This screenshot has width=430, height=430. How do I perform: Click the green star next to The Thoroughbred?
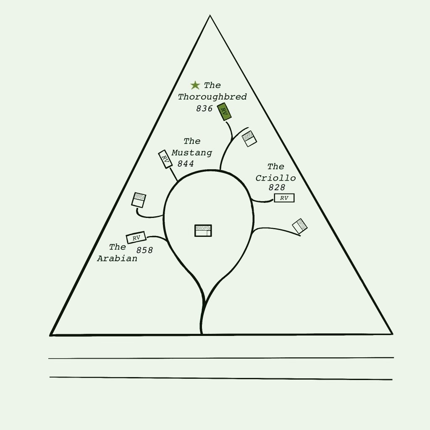coord(195,85)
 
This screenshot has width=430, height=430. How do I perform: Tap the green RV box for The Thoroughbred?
coord(224,112)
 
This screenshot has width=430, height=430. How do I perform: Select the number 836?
coord(204,108)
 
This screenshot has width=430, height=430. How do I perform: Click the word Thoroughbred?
coord(212,97)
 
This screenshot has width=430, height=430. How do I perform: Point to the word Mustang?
coord(191,152)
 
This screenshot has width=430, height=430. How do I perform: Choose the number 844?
coord(186,164)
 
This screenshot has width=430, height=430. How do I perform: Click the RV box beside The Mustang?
coord(165,159)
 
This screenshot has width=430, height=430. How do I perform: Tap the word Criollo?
coord(275,178)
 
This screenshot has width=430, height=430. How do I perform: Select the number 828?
coord(277,187)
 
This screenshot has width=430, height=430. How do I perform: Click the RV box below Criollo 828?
coord(284,198)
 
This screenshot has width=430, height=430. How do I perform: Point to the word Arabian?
coord(117,258)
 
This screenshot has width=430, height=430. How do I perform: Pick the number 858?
coord(144,250)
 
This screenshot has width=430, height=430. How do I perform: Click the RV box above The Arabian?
coord(136,238)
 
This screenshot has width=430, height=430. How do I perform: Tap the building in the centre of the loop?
coord(203,231)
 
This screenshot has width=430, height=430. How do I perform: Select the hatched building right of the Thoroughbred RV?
coord(249,139)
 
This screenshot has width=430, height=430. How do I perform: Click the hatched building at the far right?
coord(300,226)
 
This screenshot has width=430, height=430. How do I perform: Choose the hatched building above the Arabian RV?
coord(139,200)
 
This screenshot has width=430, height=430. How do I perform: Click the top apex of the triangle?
coord(210,16)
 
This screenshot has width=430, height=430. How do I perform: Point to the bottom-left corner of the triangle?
coord(50,335)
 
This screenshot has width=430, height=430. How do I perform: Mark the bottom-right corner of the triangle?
coord(392,334)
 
